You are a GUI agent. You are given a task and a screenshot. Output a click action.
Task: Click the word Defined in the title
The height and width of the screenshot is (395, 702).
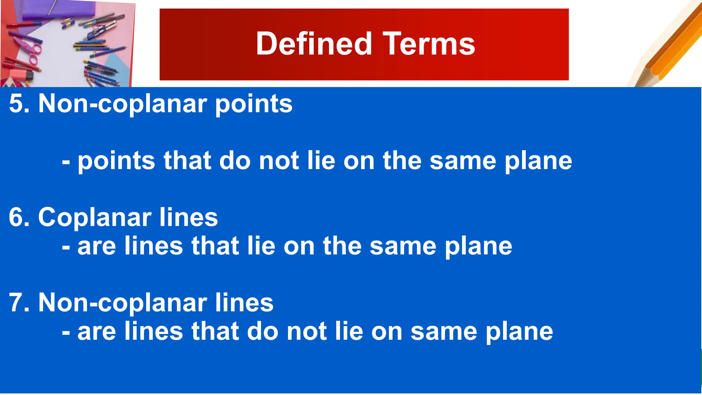pos(314,44)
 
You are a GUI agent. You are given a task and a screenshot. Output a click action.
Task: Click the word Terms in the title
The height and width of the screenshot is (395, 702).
pos(429,44)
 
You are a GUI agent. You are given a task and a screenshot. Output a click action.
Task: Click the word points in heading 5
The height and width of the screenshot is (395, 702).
pos(254,104)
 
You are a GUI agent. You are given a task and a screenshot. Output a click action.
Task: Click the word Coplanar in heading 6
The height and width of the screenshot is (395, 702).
pos(95,218)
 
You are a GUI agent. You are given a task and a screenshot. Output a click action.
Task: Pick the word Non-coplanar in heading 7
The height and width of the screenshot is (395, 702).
pos(122,303)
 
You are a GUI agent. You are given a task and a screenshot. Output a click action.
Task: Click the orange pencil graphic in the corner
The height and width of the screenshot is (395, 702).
pos(672,45)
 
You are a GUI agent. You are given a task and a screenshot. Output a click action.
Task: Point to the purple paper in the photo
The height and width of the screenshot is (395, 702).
pos(58,9)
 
